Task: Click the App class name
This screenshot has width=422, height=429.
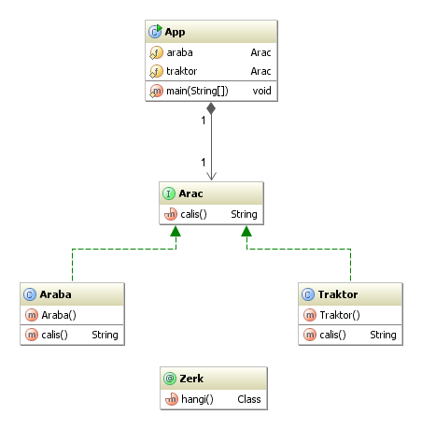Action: coord(175,32)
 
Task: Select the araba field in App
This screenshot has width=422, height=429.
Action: coord(179,52)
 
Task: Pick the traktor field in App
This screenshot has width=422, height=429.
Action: coord(182,71)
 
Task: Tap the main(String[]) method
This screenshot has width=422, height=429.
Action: coord(197,91)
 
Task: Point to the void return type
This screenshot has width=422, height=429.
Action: coord(261,91)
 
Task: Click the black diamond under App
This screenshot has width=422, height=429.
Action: coord(211,108)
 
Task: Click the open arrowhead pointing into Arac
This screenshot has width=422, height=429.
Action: coord(211,176)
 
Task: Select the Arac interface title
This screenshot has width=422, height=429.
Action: coord(190,193)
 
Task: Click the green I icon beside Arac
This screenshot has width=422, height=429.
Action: coord(169,193)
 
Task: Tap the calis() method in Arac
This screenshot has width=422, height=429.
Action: coord(193,214)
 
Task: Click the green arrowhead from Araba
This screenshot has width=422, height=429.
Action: coord(176,231)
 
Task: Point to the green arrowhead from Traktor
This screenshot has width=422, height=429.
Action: coord(246,231)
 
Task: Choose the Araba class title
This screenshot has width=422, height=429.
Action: coord(55,294)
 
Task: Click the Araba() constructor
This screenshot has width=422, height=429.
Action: coord(59,315)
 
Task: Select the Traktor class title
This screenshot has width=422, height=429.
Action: coord(338,294)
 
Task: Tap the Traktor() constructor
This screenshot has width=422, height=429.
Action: coord(340,315)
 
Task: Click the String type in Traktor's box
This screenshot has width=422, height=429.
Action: coord(383,335)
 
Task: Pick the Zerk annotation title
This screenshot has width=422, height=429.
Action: coord(191,379)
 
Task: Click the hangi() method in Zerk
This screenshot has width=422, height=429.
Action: coord(197,399)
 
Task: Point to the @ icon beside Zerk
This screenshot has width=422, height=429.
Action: coord(170,379)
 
